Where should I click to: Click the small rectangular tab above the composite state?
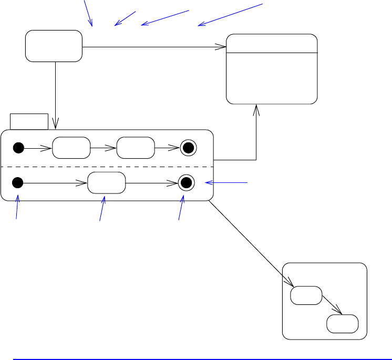[29, 121]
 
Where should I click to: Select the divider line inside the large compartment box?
[272, 53]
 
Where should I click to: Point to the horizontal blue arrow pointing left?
[226, 182]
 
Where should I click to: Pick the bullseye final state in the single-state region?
[185, 183]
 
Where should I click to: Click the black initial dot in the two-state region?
[18, 148]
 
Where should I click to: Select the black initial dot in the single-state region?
[17, 183]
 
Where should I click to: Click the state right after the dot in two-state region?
[71, 148]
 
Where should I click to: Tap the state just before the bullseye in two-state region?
[136, 148]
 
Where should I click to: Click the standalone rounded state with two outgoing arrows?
[54, 46]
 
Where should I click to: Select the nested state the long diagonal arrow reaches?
[306, 295]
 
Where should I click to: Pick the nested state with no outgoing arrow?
[343, 324]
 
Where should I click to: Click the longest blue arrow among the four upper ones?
[229, 14]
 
